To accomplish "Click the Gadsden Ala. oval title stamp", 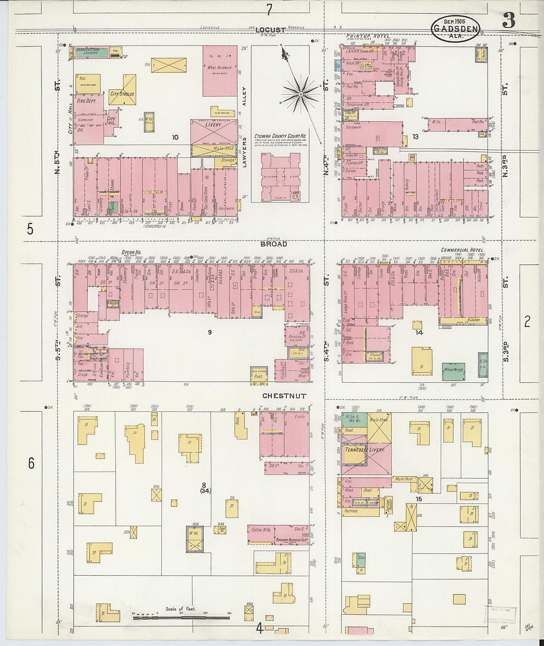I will click(x=455, y=29).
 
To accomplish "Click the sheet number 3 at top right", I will click(x=509, y=21).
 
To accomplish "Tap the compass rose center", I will click(x=301, y=93).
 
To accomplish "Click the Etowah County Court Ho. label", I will click(x=280, y=136).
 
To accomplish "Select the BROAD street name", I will click(x=274, y=244).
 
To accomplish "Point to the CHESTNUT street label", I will click(x=284, y=396).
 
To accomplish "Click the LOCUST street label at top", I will click(x=270, y=30).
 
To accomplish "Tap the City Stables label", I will click(x=122, y=94).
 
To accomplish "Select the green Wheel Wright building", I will click(x=453, y=370).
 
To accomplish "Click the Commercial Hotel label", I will click(x=462, y=250).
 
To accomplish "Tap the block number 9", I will click(x=209, y=332).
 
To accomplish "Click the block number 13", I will click(x=415, y=137).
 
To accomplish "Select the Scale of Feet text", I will click(x=181, y=609).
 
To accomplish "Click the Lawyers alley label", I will click(x=244, y=152).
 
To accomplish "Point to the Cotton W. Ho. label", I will click(x=261, y=530).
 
